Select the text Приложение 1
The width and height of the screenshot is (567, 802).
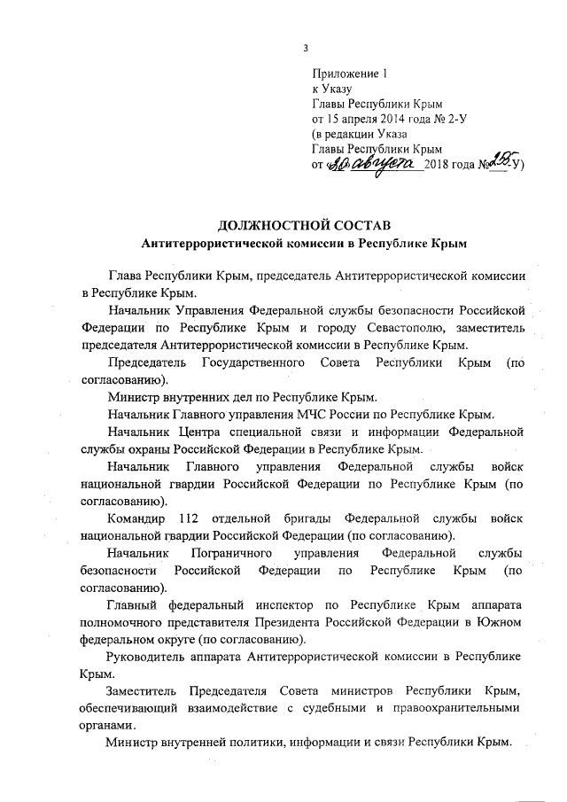pos(350,74)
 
